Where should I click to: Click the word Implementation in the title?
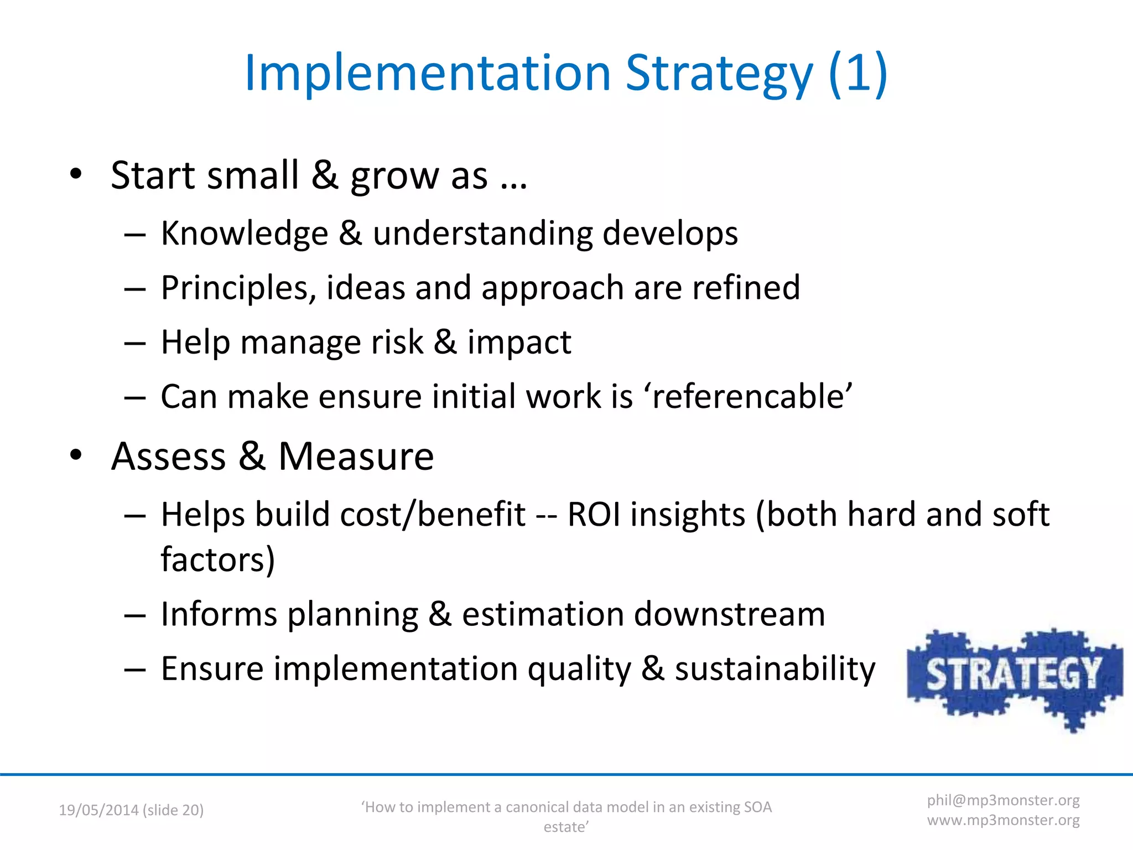(427, 73)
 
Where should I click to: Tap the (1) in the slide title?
(857, 73)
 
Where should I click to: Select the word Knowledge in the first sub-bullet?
(245, 233)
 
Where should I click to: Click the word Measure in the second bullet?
(356, 457)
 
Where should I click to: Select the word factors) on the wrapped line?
(218, 559)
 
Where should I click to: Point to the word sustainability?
(775, 668)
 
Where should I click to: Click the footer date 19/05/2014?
(98, 810)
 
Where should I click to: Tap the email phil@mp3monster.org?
(1003, 800)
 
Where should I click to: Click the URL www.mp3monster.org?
(1003, 820)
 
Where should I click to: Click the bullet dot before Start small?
(76, 174)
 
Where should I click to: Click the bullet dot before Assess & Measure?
(76, 455)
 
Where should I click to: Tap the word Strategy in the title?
(719, 73)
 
